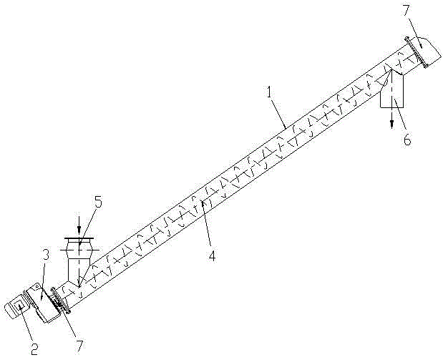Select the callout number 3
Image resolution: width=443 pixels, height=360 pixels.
click(x=46, y=255)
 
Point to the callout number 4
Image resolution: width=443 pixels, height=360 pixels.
click(x=212, y=256)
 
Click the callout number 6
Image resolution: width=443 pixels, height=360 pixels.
click(x=407, y=140)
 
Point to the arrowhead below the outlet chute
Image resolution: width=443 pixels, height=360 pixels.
click(x=391, y=125)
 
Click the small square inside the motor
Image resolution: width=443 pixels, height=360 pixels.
click(x=19, y=306)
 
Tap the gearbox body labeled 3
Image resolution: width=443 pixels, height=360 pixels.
click(x=42, y=302)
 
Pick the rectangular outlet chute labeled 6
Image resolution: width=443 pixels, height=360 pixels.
click(x=392, y=90)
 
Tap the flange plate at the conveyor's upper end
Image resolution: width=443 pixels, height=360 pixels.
click(x=416, y=52)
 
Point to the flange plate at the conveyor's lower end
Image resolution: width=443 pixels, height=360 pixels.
click(x=60, y=300)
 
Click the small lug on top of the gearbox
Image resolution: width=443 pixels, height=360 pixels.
click(x=36, y=288)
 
